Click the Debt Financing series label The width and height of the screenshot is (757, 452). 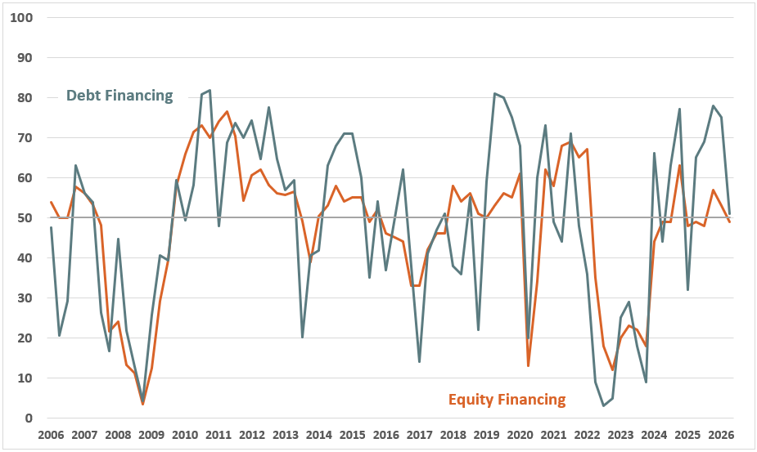pyautogui.click(x=119, y=96)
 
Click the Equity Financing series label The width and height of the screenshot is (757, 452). pyautogui.click(x=507, y=400)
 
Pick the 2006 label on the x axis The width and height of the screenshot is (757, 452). pyautogui.click(x=51, y=435)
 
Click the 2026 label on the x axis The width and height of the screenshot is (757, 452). pyautogui.click(x=720, y=435)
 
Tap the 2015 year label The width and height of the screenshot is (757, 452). pyautogui.click(x=352, y=435)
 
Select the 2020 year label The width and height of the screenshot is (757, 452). pyautogui.click(x=520, y=435)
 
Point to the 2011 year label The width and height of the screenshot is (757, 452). pyautogui.click(x=219, y=435)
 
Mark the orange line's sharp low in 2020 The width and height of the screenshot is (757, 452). pyautogui.click(x=529, y=365)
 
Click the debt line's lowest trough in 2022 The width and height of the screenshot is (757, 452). pyautogui.click(x=604, y=405)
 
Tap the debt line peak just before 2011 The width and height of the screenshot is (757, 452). pyautogui.click(x=210, y=90)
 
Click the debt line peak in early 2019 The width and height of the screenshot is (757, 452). pyautogui.click(x=495, y=93)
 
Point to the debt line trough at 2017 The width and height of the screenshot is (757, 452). pyautogui.click(x=420, y=361)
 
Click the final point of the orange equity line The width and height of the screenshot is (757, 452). pyautogui.click(x=729, y=222)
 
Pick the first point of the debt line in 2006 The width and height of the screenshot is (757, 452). pyautogui.click(x=51, y=227)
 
